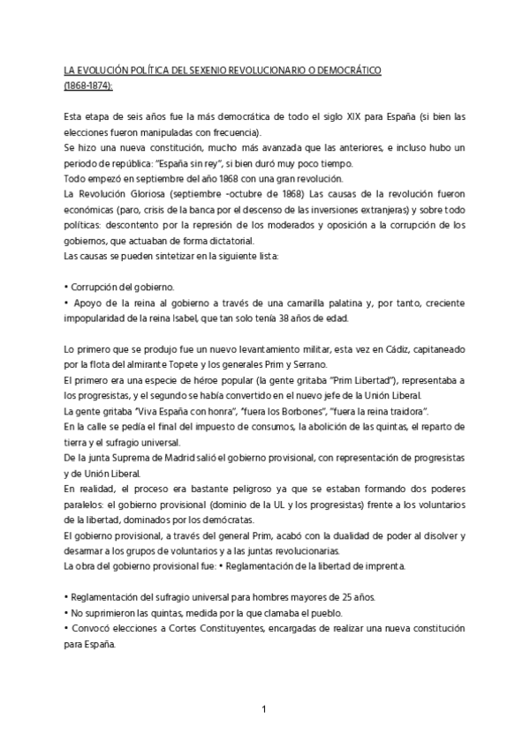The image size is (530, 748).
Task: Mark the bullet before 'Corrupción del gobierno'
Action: click(67, 288)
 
